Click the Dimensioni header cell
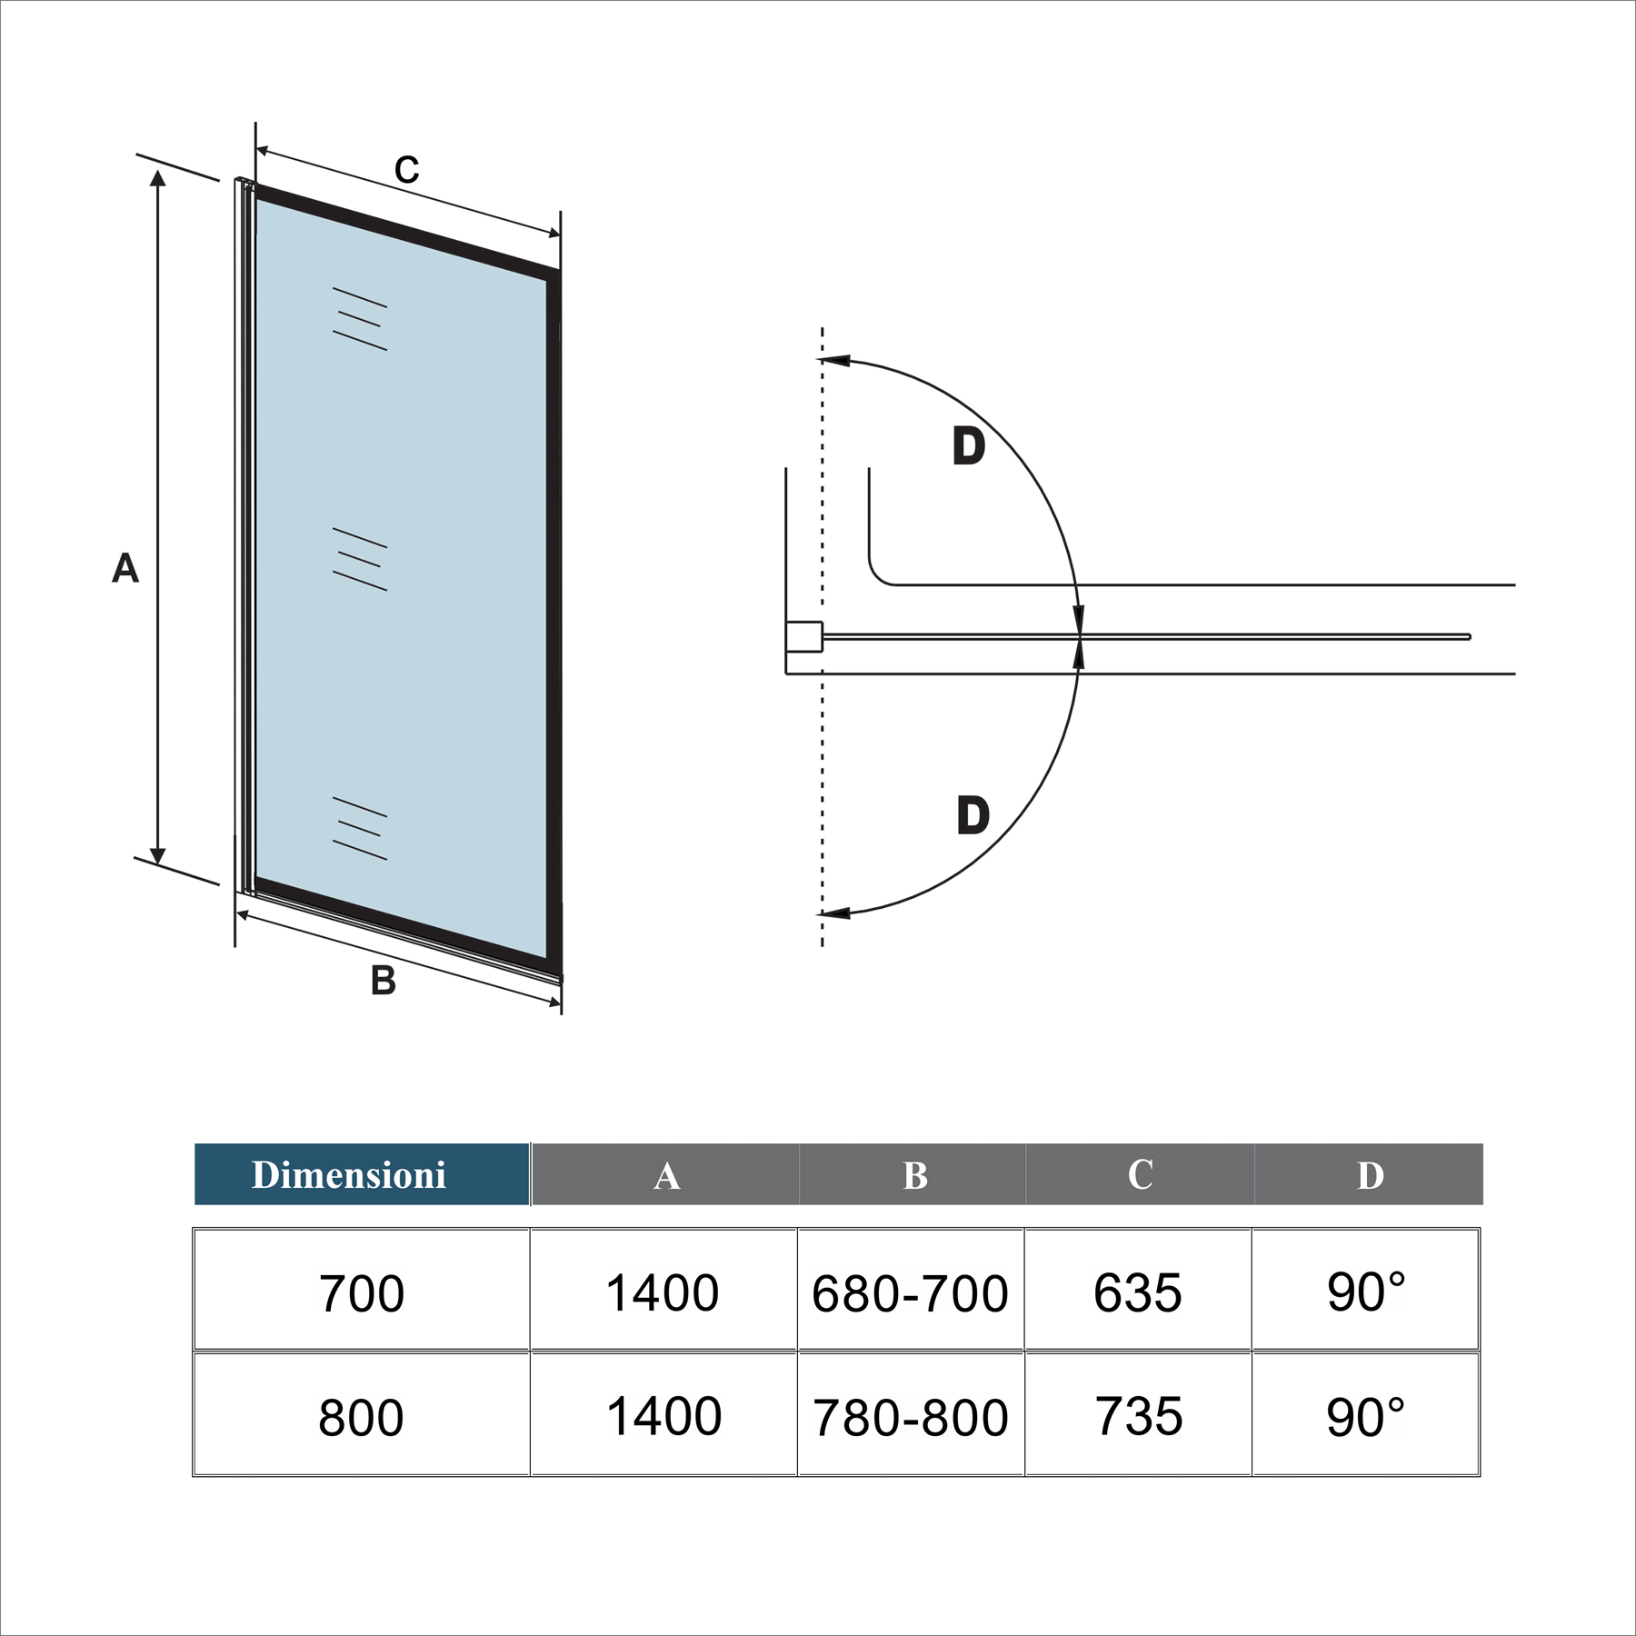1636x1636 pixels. click(x=362, y=1174)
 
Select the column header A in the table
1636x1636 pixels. click(x=666, y=1175)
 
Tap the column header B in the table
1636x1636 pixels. click(x=914, y=1175)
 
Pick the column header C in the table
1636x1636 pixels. click(x=1141, y=1174)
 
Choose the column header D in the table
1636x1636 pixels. click(x=1370, y=1175)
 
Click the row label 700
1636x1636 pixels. click(x=361, y=1293)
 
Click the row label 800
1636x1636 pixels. click(x=361, y=1417)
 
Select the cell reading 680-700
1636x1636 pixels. click(x=910, y=1293)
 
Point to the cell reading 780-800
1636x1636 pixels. click(x=910, y=1417)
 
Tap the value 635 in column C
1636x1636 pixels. click(x=1138, y=1292)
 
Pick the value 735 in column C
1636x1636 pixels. click(x=1138, y=1416)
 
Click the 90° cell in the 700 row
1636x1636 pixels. click(x=1366, y=1292)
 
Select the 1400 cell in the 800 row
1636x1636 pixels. click(x=663, y=1416)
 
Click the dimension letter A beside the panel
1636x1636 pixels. click(x=125, y=568)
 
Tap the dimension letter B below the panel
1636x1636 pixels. click(x=384, y=980)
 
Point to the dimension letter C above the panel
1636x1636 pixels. click(x=407, y=170)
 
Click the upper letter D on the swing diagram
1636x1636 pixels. click(x=969, y=446)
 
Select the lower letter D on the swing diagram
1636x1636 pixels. click(x=973, y=815)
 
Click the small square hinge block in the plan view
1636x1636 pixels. click(x=804, y=636)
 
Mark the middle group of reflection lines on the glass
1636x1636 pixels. click(x=360, y=559)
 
